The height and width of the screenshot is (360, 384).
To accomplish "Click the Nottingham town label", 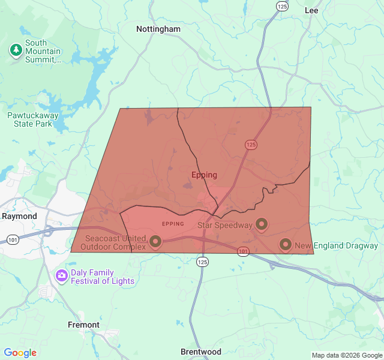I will coord(158,29).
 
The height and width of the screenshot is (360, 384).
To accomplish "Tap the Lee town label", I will coord(311,10).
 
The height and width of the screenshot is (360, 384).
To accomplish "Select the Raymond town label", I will coord(19,216).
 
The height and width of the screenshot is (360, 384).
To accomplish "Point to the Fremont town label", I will coord(83,325).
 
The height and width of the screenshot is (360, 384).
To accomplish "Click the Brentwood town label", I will coord(201,352).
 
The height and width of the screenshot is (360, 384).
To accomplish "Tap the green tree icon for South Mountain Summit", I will coord(16,50).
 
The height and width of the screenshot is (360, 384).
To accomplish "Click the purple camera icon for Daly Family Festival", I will coord(61,276).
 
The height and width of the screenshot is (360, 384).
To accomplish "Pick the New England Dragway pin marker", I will coord(286,244).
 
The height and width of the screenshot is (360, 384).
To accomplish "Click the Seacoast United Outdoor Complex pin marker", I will coord(155,241).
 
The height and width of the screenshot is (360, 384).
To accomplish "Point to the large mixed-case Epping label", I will coord(204,175).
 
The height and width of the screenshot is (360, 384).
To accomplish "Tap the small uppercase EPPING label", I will coord(173,224).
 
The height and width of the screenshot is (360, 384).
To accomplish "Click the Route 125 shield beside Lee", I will coord(282,5).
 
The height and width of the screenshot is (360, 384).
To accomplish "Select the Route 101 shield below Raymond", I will coord(13,240).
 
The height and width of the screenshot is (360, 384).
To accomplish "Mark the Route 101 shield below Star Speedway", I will coord(243,251).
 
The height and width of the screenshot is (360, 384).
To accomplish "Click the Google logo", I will coord(20,353).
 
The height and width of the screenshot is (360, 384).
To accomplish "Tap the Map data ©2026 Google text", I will coord(346,355).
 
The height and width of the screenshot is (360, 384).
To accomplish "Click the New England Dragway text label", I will coord(336,245).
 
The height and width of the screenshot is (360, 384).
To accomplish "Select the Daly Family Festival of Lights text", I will coord(103,277).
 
